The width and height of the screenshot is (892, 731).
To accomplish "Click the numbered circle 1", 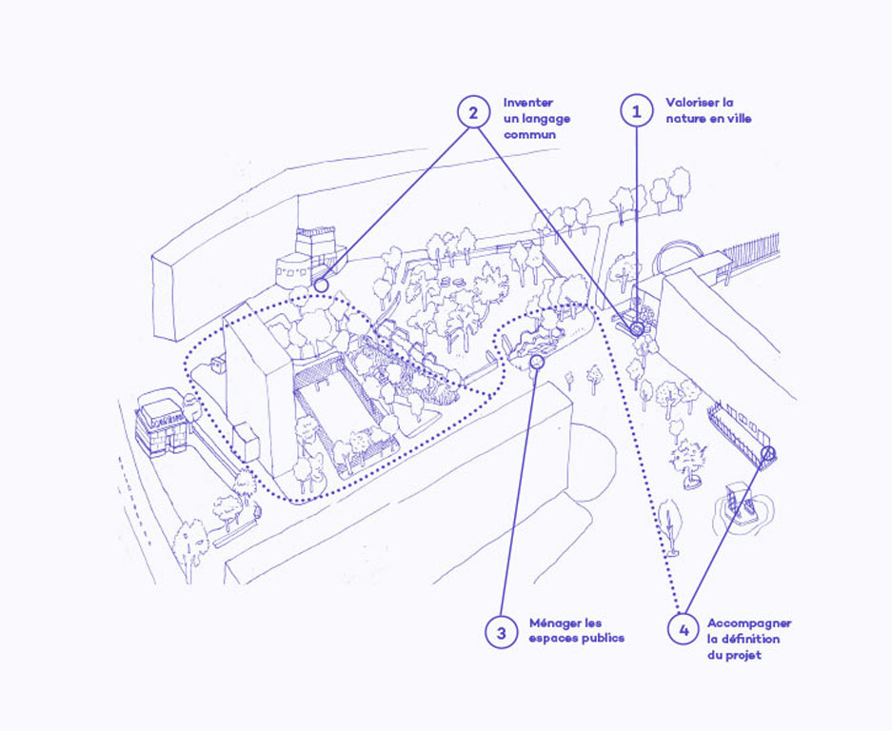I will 636,111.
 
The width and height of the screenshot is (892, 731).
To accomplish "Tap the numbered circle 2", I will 473,111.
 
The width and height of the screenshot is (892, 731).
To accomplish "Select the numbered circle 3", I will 500,631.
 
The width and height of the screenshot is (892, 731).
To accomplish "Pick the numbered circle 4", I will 682,630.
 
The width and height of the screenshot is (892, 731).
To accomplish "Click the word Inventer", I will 528,103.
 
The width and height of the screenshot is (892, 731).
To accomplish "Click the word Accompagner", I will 749,622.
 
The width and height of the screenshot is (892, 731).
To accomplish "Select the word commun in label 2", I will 530,135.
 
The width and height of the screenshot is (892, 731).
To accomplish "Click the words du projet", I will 734,655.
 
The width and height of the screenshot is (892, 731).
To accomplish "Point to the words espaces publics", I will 577,638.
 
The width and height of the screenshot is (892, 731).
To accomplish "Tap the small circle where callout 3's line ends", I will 537,362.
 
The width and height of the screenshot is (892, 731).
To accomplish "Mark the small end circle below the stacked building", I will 321,285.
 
